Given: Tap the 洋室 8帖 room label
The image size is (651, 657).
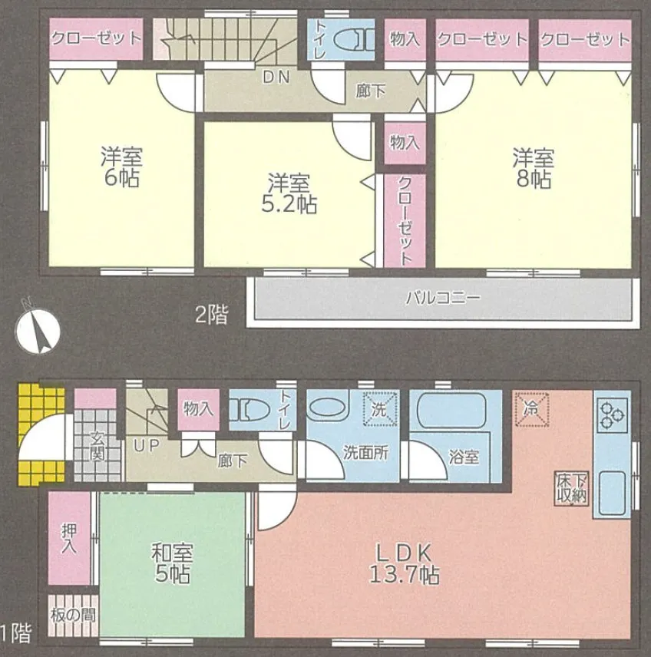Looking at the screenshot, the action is coord(534,169).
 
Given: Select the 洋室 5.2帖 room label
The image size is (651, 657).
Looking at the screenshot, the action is coord(289,193).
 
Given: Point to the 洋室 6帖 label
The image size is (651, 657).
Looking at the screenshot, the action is coord(121,167).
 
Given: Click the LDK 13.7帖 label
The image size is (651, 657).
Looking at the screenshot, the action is coord(405,564).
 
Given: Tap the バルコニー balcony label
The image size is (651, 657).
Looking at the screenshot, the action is coord(443,299).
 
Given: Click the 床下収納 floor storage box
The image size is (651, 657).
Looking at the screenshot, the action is coord(572,488).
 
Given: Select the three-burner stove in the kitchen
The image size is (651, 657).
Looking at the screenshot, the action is coord(612,415).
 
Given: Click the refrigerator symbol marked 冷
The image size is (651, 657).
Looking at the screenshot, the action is coord(531,409).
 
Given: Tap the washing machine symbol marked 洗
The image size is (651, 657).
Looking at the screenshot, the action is coord(380,409).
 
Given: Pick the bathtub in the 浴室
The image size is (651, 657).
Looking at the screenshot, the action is coord(452,412).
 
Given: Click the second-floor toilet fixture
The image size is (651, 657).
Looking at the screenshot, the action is coord(353,40).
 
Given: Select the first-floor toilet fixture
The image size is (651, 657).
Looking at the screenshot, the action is coord(250,409).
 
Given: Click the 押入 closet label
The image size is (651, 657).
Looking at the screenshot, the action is coord(69,538).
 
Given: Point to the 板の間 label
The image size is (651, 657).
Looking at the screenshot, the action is coord(73,616).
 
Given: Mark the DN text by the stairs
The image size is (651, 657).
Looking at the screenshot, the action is coord(276,78).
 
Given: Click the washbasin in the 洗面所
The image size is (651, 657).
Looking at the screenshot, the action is coord(330,406).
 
